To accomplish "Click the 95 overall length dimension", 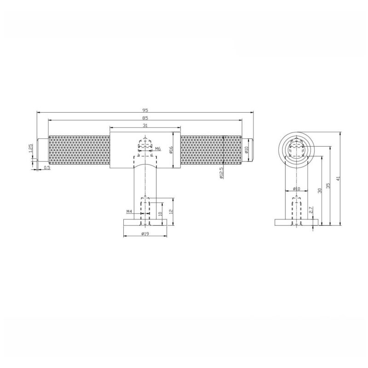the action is click(x=145, y=110).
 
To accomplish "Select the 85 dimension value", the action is click(x=145, y=118).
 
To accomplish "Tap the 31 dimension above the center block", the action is click(x=145, y=126).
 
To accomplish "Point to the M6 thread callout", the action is click(x=158, y=149).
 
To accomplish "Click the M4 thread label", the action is click(x=130, y=212).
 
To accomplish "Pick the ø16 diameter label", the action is click(x=171, y=150).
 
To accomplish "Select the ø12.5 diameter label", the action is click(x=221, y=173).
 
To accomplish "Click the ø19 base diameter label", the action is click(x=145, y=234).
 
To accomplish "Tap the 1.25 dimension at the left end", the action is click(x=31, y=148).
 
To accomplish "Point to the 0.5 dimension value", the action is click(x=47, y=167).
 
